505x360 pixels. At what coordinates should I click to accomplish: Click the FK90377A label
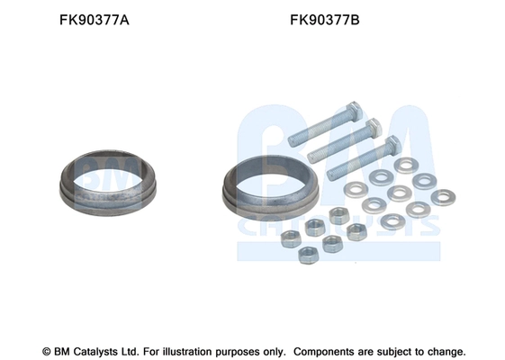pos(94,20)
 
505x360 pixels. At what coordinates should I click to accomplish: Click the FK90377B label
pos(325,20)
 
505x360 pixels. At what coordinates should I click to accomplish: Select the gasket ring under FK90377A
pos(108,199)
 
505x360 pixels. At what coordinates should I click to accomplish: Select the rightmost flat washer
pos(443,197)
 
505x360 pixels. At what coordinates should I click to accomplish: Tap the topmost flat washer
pos(406,166)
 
